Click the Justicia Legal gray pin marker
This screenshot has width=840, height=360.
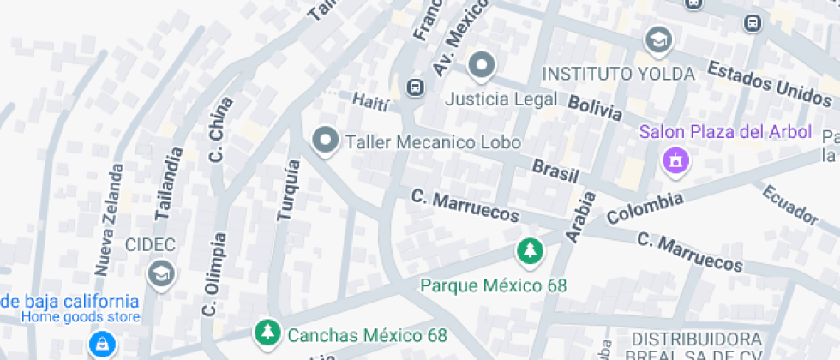(x=482, y=66)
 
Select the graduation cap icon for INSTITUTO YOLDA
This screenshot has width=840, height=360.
(x=658, y=39)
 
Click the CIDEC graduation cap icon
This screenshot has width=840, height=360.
(x=159, y=273)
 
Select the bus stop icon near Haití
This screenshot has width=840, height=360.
(x=415, y=87)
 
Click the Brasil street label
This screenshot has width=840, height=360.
(x=555, y=169)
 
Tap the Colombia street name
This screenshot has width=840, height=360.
(x=645, y=208)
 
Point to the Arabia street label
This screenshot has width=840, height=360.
(x=580, y=216)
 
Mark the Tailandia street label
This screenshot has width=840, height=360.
(x=167, y=184)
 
